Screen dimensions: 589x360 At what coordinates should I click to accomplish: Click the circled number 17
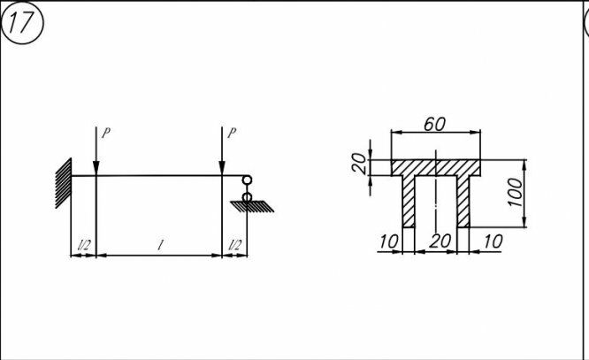pos(21,24)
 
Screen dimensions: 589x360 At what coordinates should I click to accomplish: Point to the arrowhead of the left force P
pos(96,170)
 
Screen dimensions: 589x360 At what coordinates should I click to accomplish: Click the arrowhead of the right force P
pos(221,170)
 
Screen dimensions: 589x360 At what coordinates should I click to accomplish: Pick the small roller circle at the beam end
pos(247,182)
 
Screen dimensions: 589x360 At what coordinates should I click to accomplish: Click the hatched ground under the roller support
pos(251,206)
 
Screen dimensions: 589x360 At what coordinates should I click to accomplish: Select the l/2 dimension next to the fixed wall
pos(83,244)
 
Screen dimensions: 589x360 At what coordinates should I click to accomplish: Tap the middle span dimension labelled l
pos(159,244)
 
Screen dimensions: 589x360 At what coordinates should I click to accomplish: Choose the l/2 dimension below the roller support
pos(234,244)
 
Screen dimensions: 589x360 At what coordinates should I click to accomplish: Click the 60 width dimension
pos(433,124)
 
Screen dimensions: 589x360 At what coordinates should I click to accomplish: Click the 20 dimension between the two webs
pos(439,241)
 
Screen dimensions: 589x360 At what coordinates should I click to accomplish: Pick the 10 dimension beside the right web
pos(493,241)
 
